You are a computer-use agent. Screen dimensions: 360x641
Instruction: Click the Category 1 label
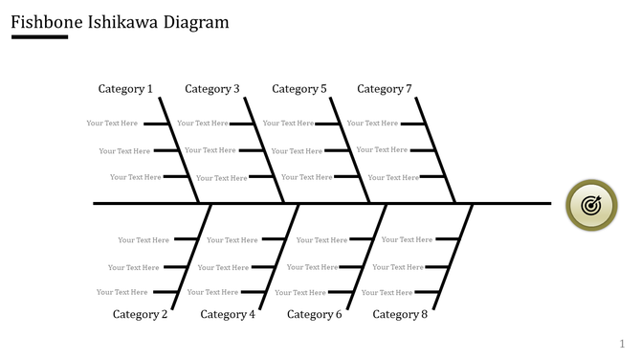click(x=125, y=89)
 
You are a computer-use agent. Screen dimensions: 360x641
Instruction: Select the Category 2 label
click(x=140, y=314)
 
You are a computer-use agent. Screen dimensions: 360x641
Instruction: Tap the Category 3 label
click(x=212, y=89)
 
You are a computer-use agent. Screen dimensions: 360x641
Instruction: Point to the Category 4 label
click(x=228, y=314)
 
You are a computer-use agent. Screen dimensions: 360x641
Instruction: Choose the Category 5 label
click(x=299, y=89)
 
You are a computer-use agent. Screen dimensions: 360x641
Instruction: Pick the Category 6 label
click(x=314, y=314)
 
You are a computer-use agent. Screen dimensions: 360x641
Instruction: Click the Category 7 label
click(x=385, y=89)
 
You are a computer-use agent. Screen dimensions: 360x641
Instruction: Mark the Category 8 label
click(x=400, y=314)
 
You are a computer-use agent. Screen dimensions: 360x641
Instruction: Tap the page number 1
click(x=622, y=344)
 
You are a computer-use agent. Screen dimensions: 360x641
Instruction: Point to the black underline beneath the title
click(x=39, y=37)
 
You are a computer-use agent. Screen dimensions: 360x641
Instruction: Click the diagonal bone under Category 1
click(x=179, y=149)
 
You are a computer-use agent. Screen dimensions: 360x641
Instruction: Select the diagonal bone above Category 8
click(x=453, y=256)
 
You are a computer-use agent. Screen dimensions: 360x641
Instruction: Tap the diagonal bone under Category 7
click(x=437, y=149)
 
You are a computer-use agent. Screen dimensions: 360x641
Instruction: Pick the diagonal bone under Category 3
click(x=264, y=149)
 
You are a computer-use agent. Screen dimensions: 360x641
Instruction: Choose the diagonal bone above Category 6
click(x=366, y=256)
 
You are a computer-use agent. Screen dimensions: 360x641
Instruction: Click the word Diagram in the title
click(x=194, y=20)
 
